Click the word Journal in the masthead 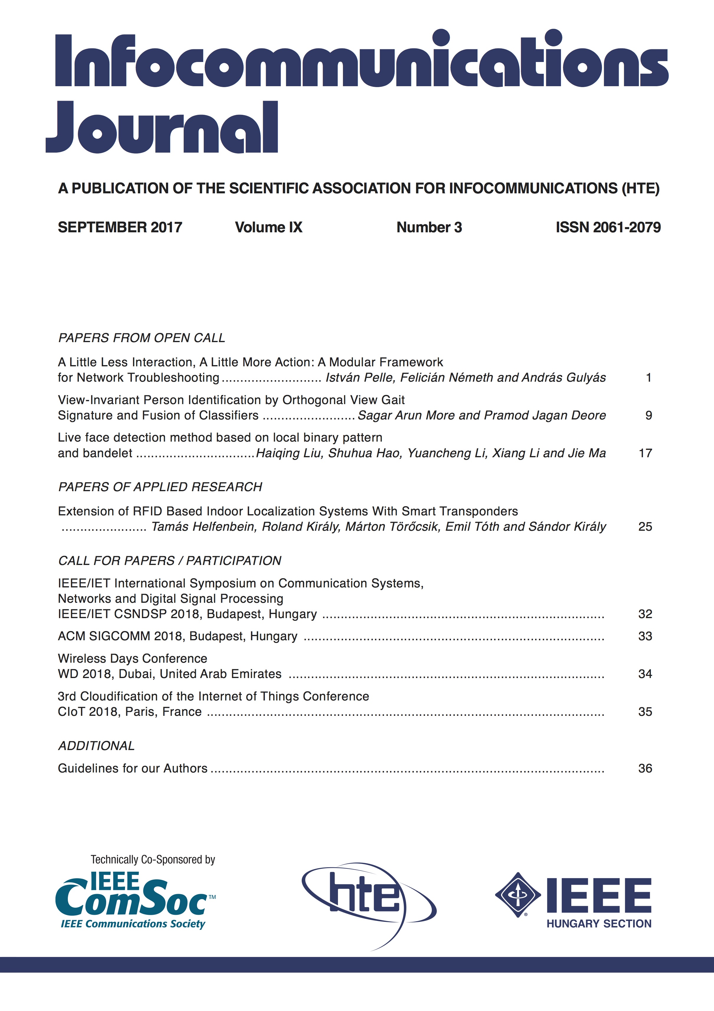[x=162, y=128]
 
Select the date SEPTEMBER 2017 [x=120, y=227]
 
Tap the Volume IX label [x=268, y=227]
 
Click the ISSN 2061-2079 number [x=608, y=227]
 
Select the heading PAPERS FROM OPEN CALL [x=141, y=338]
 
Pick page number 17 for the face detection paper [x=645, y=453]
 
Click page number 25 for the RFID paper [x=645, y=527]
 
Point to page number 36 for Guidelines [x=645, y=768]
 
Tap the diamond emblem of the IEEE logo [x=518, y=895]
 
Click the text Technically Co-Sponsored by [x=153, y=860]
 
